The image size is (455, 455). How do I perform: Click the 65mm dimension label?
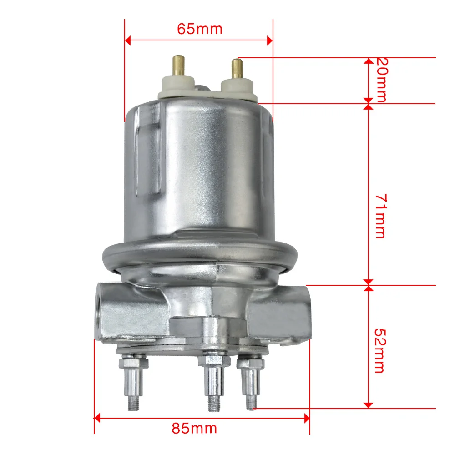coord(199,29)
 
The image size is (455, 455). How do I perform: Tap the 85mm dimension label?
coord(194,428)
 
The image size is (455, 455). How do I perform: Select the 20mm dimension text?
coord(379,80)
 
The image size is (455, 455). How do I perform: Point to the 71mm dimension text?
coord(379,216)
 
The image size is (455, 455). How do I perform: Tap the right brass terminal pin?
coord(237,69)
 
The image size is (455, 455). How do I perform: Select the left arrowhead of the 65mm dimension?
coord(128,40)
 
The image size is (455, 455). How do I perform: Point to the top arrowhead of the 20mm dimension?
coord(369,61)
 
